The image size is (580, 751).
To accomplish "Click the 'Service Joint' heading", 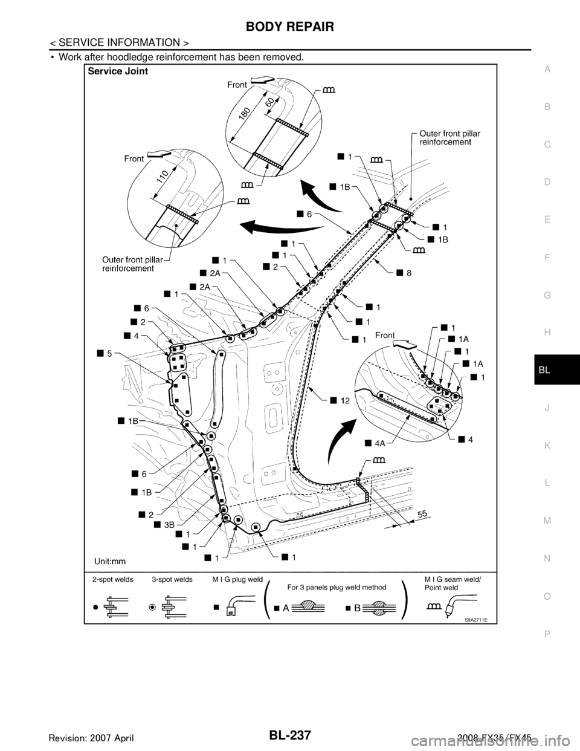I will coord(118,70).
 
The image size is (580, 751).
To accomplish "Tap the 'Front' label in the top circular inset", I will coord(237,85).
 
